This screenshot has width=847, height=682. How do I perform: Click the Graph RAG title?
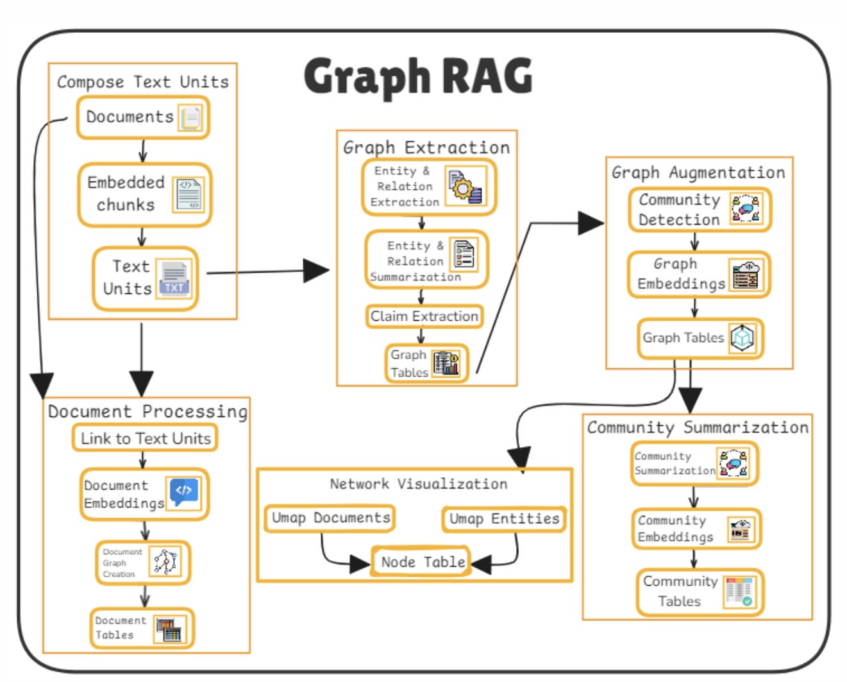pyautogui.click(x=418, y=76)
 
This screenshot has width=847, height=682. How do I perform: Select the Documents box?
pyautogui.click(x=142, y=117)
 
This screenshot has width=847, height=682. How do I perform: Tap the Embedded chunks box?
pyautogui.click(x=144, y=194)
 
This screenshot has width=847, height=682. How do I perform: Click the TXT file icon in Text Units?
pyautogui.click(x=174, y=278)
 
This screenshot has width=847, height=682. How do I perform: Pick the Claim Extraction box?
pyautogui.click(x=424, y=316)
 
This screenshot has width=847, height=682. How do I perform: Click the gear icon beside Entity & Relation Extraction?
pyautogui.click(x=465, y=187)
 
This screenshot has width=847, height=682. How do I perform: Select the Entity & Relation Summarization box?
pyautogui.click(x=426, y=260)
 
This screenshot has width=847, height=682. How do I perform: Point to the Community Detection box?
pyautogui.click(x=699, y=210)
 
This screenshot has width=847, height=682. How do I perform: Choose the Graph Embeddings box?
pyautogui.click(x=698, y=275)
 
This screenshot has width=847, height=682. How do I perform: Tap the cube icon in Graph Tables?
pyautogui.click(x=742, y=337)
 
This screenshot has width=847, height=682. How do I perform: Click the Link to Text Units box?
pyautogui.click(x=145, y=438)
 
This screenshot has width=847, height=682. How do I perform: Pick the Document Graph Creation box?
pyautogui.click(x=143, y=563)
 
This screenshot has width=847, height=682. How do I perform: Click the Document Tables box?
pyautogui.click(x=142, y=628)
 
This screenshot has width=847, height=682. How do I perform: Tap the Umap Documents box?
pyautogui.click(x=330, y=518)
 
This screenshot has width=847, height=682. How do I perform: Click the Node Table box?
pyautogui.click(x=422, y=562)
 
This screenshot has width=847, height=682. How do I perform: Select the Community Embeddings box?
pyautogui.click(x=696, y=529)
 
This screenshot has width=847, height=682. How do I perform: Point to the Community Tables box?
pyautogui.click(x=700, y=592)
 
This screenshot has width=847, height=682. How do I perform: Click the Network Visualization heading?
pyautogui.click(x=418, y=484)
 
